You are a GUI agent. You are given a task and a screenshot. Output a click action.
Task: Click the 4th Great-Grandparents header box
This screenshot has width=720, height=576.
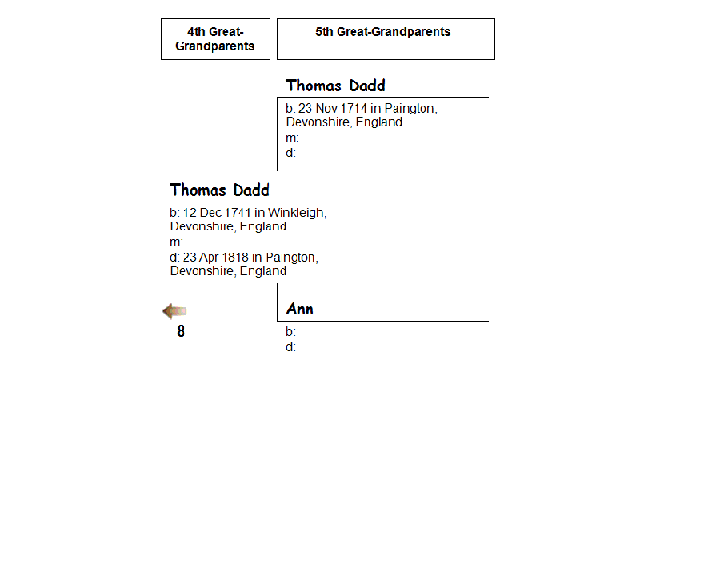[215, 39]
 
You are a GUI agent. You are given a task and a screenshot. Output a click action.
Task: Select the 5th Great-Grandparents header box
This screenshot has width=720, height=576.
[386, 39]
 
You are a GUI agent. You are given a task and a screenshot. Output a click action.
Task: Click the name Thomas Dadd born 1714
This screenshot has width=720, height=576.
[335, 86]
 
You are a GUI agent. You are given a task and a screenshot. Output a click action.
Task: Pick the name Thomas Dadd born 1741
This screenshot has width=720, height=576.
[219, 190]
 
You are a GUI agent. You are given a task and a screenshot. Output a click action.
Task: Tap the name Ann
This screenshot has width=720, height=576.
[300, 310]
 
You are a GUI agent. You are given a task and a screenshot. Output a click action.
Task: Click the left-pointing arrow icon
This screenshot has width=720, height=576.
[174, 311]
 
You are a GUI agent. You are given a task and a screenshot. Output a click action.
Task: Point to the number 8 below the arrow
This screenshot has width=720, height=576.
[181, 331]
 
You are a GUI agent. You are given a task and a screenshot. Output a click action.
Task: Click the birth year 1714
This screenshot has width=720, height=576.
[354, 109]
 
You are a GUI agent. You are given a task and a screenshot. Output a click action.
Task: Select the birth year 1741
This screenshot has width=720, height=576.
[238, 213]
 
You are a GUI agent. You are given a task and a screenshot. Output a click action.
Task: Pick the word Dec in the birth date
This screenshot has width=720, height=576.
[211, 213]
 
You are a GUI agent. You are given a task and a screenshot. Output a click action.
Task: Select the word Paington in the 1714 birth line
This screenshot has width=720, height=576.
[410, 109]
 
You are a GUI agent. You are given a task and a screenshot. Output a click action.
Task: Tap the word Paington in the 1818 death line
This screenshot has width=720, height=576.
[291, 258]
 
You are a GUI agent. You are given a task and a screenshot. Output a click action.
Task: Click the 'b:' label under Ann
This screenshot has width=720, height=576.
[291, 332]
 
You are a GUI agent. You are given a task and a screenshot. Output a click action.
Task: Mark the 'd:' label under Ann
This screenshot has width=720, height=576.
[291, 347]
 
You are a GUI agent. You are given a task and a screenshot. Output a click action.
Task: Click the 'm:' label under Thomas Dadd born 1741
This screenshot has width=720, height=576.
[177, 242]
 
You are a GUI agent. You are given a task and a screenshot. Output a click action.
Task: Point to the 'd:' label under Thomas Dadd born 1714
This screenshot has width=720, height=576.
[291, 153]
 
